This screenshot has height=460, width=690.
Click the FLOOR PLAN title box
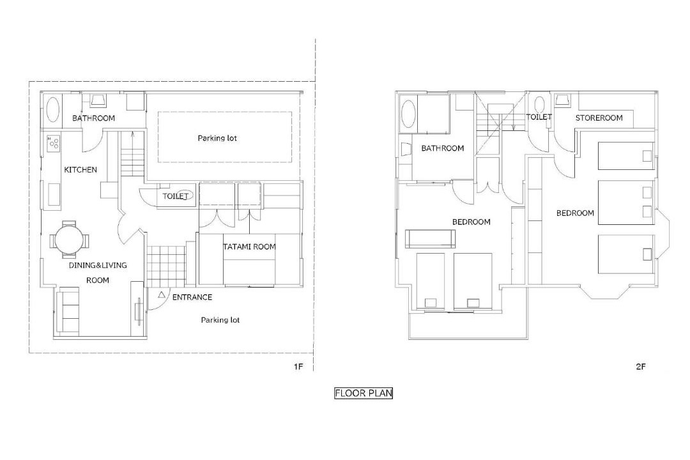[363, 393]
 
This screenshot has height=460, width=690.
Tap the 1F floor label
[298, 366]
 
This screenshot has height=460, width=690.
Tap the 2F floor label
[641, 366]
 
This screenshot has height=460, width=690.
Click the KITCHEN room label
[80, 169]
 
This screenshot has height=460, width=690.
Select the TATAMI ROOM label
[250, 247]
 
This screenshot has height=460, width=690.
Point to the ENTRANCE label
[192, 297]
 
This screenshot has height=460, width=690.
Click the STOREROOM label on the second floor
[599, 118]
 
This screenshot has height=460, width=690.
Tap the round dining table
[69, 240]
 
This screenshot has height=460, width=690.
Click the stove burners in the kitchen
[54, 142]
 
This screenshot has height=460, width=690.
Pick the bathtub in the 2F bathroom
[408, 115]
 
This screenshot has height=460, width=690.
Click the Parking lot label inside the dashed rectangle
[217, 138]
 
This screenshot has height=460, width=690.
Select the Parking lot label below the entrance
[220, 320]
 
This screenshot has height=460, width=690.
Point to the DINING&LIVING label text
[98, 265]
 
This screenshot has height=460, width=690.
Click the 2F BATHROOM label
[443, 148]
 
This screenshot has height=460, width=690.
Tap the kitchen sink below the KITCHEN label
[54, 195]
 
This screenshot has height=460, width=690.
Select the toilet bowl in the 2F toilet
[539, 106]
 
